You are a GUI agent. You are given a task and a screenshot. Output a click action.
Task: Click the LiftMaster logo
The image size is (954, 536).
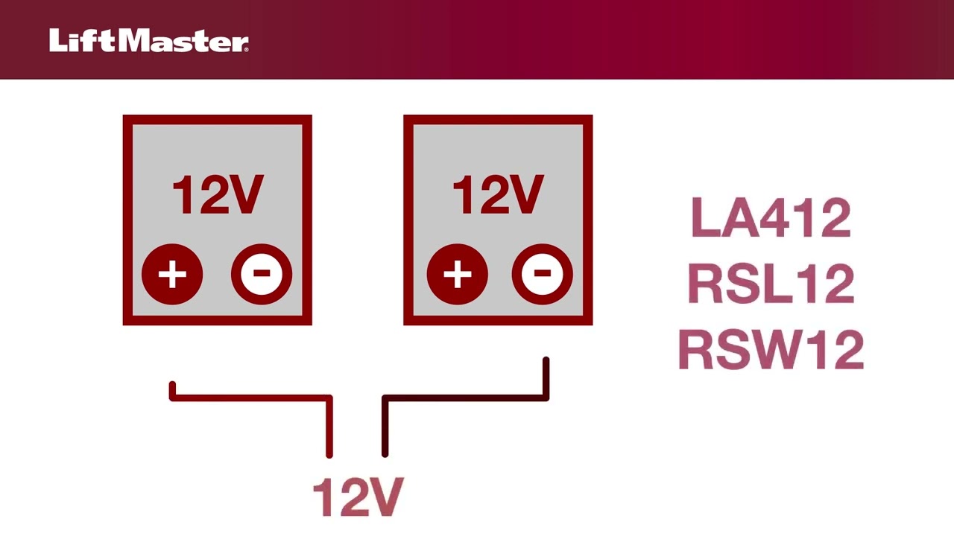click(149, 41)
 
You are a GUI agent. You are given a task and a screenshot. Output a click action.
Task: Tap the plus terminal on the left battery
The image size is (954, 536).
click(172, 275)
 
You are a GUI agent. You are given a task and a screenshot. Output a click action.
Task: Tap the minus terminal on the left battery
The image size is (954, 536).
click(261, 275)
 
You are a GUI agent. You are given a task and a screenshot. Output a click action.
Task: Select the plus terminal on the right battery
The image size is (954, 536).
click(457, 275)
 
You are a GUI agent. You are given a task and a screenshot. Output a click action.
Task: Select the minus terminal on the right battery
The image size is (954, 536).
click(542, 275)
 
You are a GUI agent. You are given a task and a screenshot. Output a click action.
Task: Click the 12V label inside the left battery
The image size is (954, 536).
click(217, 196)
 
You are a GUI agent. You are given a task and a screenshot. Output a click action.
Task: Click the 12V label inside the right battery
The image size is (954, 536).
click(498, 196)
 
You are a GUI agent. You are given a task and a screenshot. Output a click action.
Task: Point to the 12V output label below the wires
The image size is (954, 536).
click(358, 498)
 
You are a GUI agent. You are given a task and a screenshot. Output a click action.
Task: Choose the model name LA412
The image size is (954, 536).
click(771, 218)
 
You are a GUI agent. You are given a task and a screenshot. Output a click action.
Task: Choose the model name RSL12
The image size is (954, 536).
click(771, 284)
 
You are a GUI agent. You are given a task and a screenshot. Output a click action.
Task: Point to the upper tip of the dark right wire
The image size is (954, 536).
click(546, 361)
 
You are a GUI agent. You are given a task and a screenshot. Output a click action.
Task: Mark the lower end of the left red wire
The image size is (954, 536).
click(329, 453)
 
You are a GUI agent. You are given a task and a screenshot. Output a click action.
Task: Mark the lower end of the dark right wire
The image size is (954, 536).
click(385, 453)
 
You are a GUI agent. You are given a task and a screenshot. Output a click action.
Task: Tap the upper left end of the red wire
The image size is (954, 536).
click(172, 386)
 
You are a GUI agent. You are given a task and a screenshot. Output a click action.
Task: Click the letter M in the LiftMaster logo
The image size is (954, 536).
click(142, 41)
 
